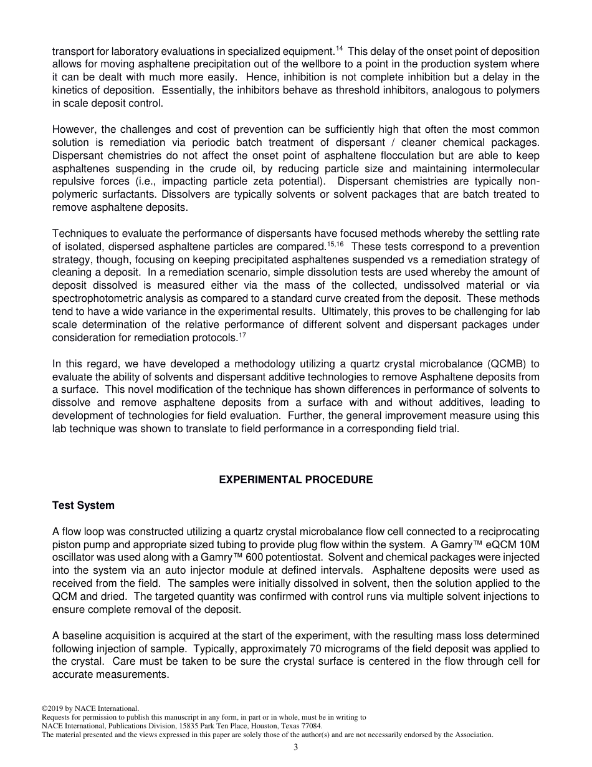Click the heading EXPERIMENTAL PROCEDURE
296,480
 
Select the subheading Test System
83,505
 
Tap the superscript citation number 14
339,49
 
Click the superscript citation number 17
243,335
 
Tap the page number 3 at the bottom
296,748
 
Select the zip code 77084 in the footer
312,726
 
